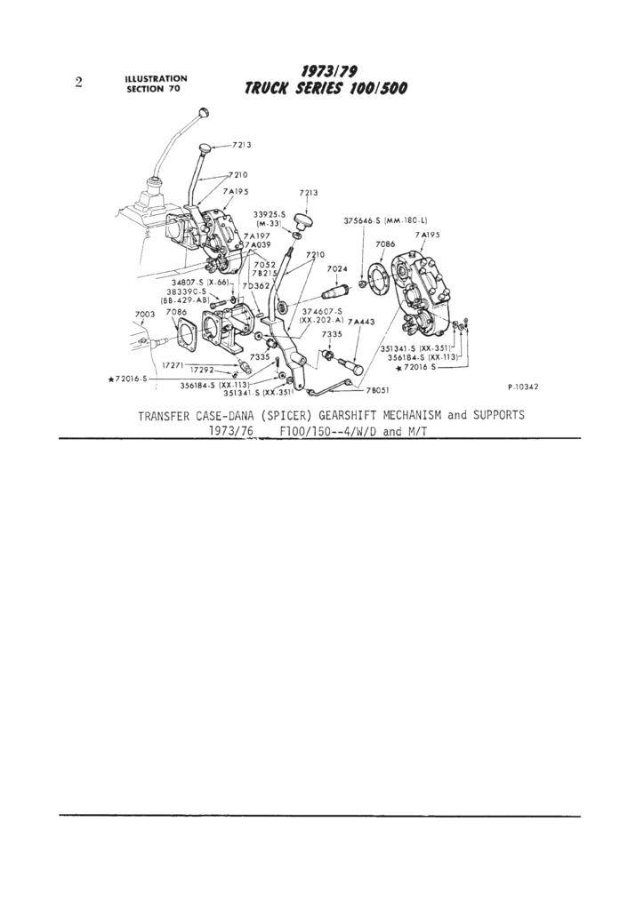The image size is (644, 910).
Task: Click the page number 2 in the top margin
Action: click(79, 84)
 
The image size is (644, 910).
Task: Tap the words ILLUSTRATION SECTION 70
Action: click(156, 84)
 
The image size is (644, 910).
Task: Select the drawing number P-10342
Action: click(523, 387)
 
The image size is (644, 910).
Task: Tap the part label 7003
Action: click(144, 315)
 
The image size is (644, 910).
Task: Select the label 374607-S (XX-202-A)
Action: click(322, 315)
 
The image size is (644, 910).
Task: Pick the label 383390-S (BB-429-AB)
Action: click(185, 296)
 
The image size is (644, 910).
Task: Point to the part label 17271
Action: click(173, 364)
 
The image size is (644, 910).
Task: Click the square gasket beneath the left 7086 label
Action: click(186, 338)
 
